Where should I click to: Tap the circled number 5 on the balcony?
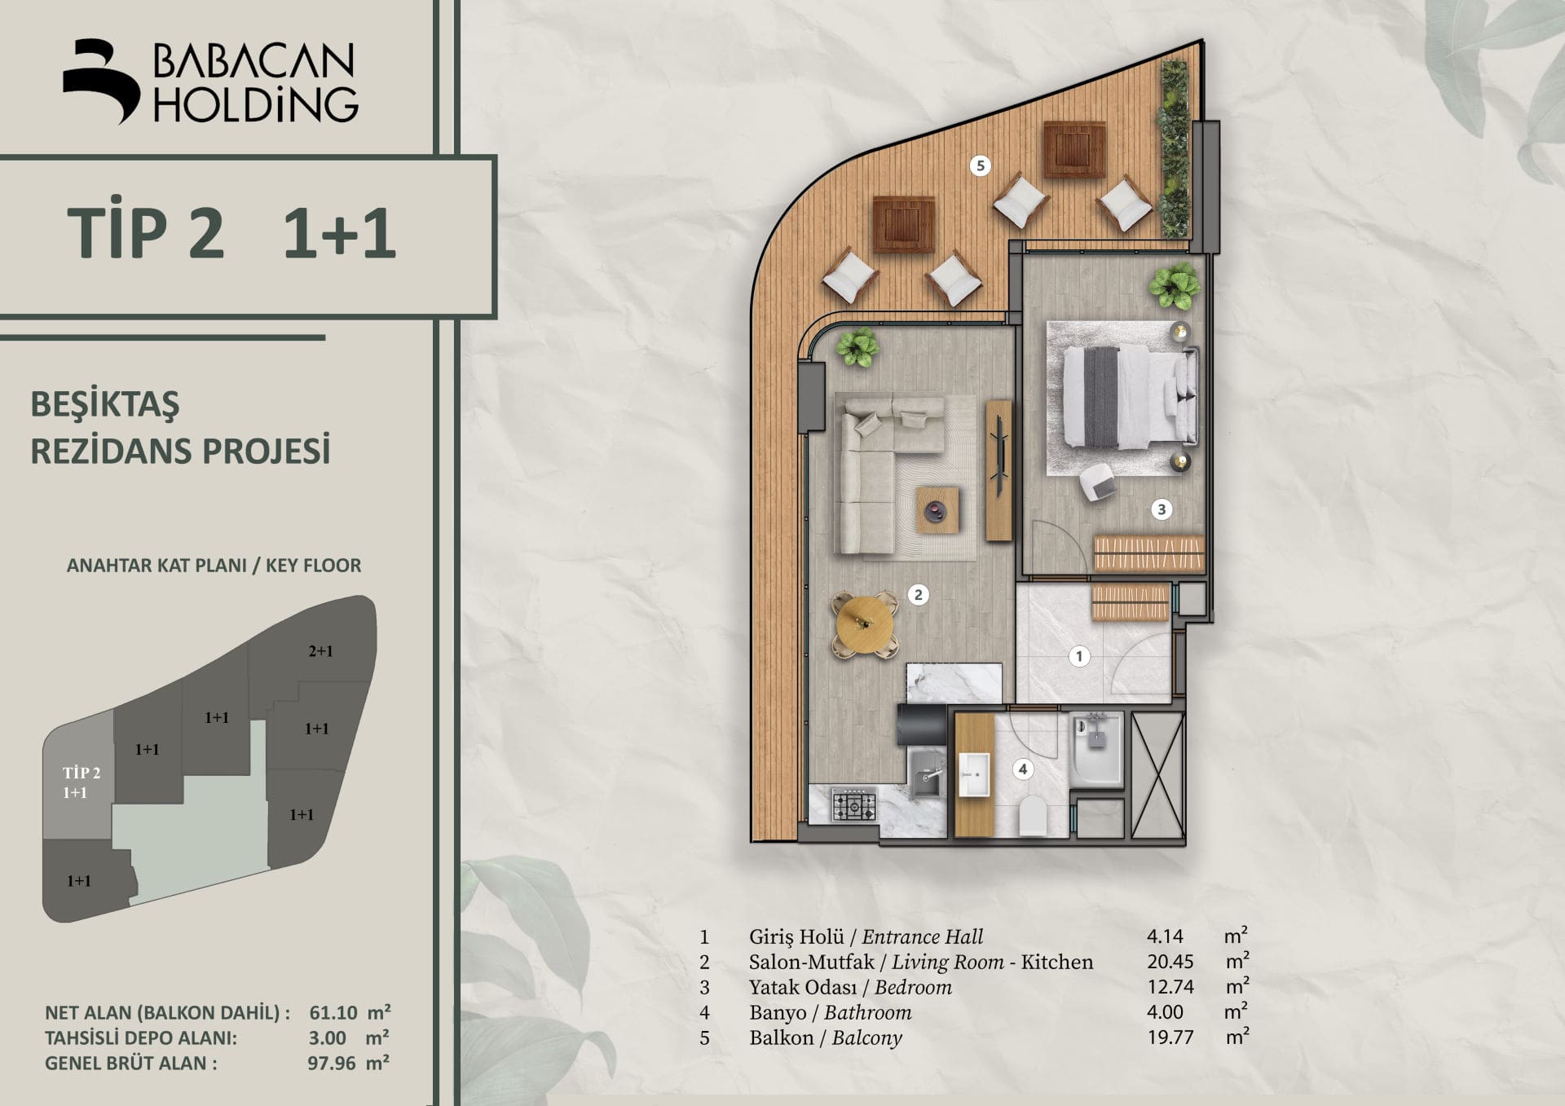[x=980, y=165]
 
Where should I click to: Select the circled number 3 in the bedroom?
[x=1162, y=509]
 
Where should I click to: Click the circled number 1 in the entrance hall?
[x=1079, y=656]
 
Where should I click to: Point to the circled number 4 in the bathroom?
[x=1022, y=769]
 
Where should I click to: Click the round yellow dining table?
[x=865, y=624]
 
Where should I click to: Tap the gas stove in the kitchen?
[x=853, y=805]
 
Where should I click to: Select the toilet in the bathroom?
[x=1033, y=815]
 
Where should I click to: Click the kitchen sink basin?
[x=927, y=774]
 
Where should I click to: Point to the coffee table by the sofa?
[x=937, y=510]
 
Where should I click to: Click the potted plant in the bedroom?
[x=1175, y=286]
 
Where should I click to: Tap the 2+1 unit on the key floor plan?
[x=320, y=651]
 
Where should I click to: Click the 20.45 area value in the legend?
[x=1170, y=962]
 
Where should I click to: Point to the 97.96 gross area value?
[x=332, y=1063]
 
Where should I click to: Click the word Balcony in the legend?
[x=867, y=1038]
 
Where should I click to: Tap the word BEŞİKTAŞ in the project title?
[x=105, y=404]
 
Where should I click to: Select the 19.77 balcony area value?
[x=1170, y=1038]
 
